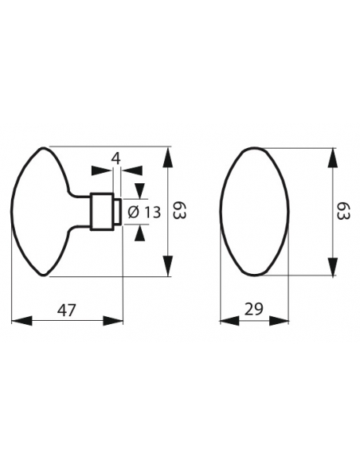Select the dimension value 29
point(254,310)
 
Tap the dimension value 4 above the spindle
point(116,158)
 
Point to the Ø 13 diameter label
point(144,212)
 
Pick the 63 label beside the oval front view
point(342,212)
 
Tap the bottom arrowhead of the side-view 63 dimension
point(167,268)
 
